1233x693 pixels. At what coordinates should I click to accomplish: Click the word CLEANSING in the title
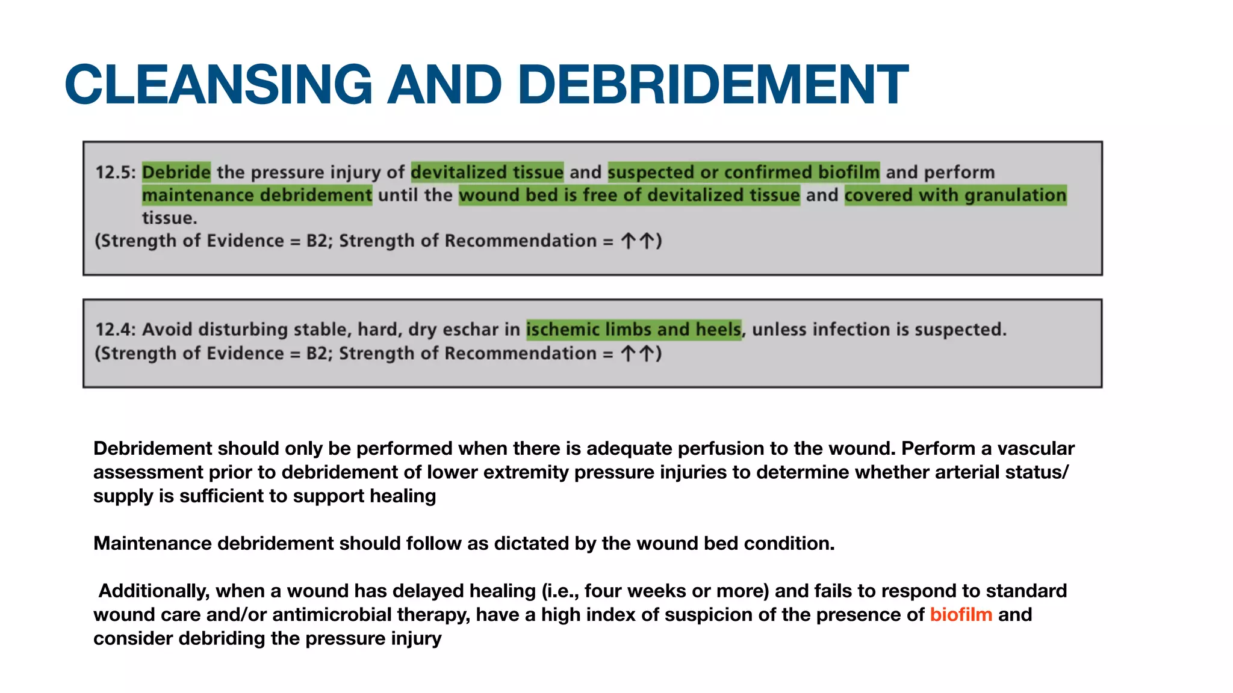pyautogui.click(x=219, y=84)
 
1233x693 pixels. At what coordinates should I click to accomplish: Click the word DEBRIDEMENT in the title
pyautogui.click(x=713, y=84)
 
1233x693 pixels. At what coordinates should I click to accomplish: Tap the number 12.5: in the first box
pyautogui.click(x=116, y=173)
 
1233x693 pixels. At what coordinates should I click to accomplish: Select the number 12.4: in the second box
pyautogui.click(x=116, y=330)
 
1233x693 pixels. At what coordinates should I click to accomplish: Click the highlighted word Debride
pyautogui.click(x=176, y=173)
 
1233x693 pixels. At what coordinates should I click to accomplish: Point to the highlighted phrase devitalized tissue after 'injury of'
pyautogui.click(x=487, y=173)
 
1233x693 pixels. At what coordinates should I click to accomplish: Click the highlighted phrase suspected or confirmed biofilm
pyautogui.click(x=744, y=173)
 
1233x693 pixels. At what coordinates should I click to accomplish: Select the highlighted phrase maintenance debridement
pyautogui.click(x=257, y=196)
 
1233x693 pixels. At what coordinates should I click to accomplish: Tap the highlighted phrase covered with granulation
pyautogui.click(x=955, y=196)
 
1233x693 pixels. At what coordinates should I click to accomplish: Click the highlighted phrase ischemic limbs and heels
pyautogui.click(x=634, y=330)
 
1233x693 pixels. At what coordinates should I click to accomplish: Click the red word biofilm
pyautogui.click(x=961, y=615)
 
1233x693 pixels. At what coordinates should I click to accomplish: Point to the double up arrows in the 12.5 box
pyautogui.click(x=638, y=241)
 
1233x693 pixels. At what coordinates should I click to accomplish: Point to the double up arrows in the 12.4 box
pyautogui.click(x=638, y=353)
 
